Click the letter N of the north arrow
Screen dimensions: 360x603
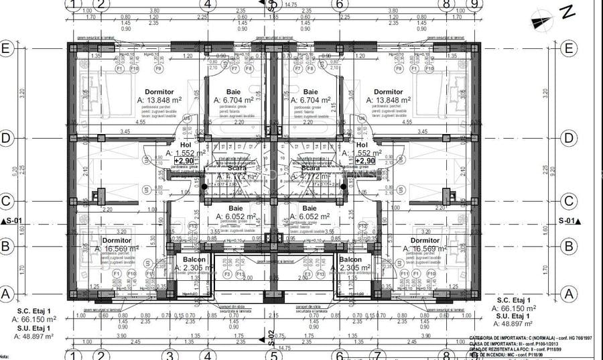click(x=567, y=11)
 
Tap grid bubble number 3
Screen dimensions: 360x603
click(x=171, y=355)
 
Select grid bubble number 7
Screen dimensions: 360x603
click(x=377, y=355)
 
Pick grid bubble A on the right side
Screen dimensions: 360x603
click(x=569, y=293)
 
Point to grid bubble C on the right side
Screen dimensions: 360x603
click(x=569, y=200)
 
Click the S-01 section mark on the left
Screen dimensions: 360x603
click(x=13, y=221)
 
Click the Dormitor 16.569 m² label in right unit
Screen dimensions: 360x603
click(x=425, y=241)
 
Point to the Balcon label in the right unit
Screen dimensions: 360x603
click(x=350, y=259)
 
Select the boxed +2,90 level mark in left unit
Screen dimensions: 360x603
click(x=185, y=161)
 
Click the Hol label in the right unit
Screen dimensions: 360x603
click(x=362, y=145)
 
